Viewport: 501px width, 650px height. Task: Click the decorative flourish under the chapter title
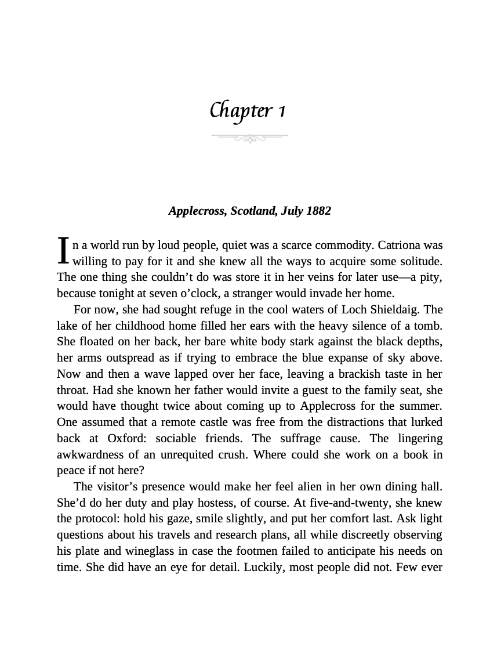click(x=250, y=138)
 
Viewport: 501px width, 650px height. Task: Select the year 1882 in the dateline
click(x=318, y=211)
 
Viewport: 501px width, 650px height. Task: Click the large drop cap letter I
click(x=64, y=251)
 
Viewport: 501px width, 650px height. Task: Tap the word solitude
click(x=421, y=261)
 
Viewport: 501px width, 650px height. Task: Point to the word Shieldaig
click(x=393, y=309)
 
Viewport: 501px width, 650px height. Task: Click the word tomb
click(x=430, y=326)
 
